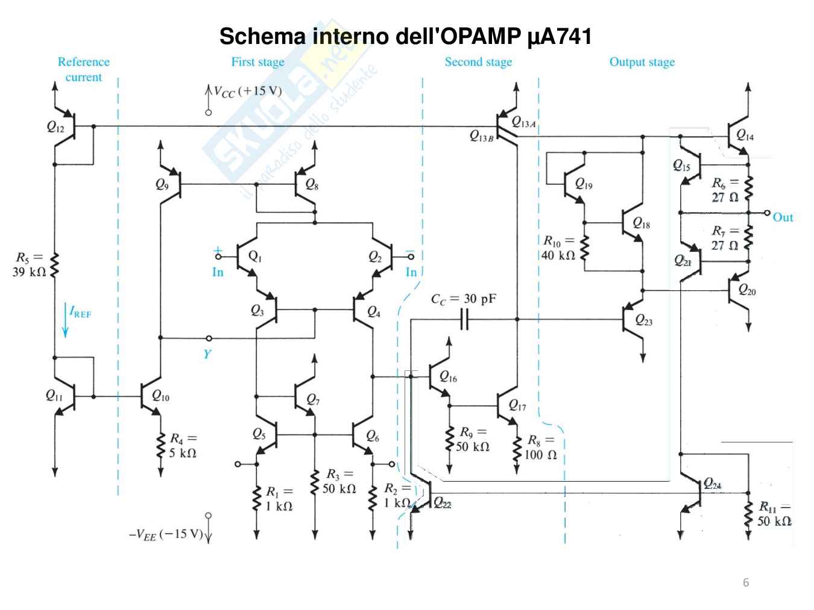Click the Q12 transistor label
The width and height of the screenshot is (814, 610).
[55, 127]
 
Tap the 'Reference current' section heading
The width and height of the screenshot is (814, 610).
[83, 69]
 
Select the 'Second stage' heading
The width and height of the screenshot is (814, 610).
[478, 62]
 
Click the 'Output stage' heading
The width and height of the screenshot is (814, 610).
[642, 62]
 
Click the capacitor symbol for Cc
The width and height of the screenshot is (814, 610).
[464, 319]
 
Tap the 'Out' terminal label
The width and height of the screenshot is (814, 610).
[783, 217]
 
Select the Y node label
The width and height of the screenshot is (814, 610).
[207, 353]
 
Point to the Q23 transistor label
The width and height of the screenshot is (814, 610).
[644, 320]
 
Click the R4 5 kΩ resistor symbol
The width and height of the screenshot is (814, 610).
[160, 445]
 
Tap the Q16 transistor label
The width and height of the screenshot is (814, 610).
[448, 378]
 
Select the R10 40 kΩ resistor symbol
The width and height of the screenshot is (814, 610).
[584, 247]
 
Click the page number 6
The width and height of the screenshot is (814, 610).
[746, 582]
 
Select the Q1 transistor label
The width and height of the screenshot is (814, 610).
[255, 257]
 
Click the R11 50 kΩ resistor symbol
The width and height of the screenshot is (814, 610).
[748, 514]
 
